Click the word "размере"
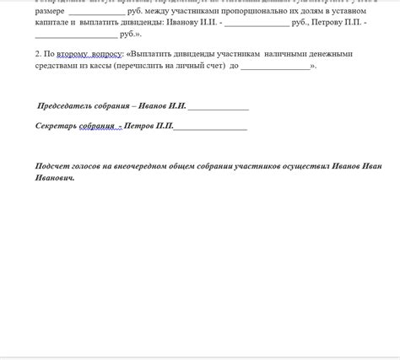pos(50,12)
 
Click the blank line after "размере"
pos(95,13)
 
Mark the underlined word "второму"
pos(73,54)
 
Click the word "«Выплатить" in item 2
pos(149,54)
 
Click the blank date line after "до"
pos(275,67)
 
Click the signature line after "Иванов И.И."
pos(218,108)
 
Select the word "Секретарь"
pos(57,126)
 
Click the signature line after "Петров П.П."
pos(210,127)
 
